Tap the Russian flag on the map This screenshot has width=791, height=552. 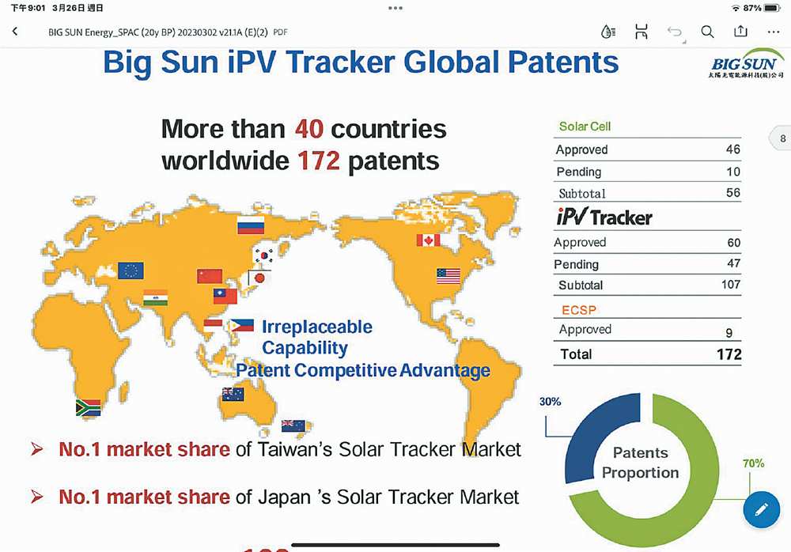[251, 225]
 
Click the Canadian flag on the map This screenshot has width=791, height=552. [428, 240]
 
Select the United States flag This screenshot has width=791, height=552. [448, 276]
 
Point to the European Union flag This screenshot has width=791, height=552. [131, 270]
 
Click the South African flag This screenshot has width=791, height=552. [89, 408]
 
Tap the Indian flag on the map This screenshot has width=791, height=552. [155, 298]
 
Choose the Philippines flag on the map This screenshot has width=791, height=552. [242, 326]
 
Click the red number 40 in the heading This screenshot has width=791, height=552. [309, 129]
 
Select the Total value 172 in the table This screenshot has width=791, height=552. [729, 354]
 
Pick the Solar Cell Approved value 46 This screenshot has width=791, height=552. [733, 149]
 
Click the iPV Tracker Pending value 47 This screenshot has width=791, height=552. [734, 263]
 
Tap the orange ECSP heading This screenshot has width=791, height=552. [579, 310]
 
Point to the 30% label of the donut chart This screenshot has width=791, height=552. [551, 402]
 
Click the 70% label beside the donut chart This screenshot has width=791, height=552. [754, 463]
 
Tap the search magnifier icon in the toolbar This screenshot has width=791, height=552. [707, 32]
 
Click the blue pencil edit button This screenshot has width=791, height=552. [762, 509]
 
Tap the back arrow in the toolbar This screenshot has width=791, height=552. [15, 32]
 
